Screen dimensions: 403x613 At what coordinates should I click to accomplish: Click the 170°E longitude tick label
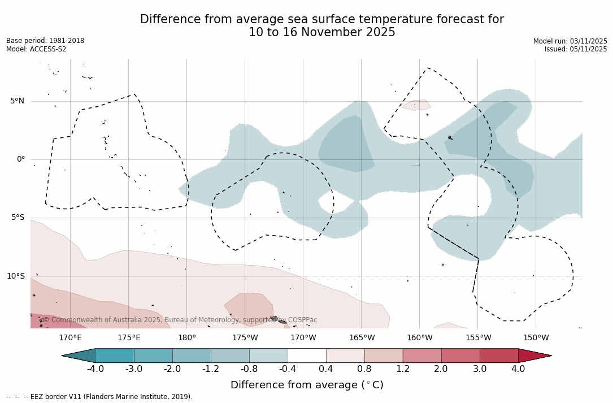[x=70, y=338]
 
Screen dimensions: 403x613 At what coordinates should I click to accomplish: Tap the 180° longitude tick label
[x=187, y=338]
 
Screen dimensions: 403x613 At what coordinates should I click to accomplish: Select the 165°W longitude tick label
[x=362, y=338]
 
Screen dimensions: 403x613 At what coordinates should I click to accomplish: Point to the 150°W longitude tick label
[x=536, y=338]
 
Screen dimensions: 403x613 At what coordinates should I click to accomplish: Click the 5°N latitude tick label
[x=17, y=101]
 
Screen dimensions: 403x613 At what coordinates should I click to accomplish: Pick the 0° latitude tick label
[x=21, y=159]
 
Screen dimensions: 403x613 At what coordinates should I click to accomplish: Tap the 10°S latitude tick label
[x=15, y=276]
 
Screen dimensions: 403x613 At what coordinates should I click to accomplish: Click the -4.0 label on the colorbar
[x=95, y=369]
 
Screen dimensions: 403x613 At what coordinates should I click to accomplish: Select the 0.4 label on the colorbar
[x=326, y=369]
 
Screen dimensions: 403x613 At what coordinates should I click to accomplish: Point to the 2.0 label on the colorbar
[x=441, y=369]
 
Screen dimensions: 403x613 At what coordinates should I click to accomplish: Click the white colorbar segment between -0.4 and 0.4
[x=307, y=356]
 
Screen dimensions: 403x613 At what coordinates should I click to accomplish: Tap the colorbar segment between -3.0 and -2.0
[x=153, y=356]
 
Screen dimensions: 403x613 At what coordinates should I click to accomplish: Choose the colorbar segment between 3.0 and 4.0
[x=499, y=356]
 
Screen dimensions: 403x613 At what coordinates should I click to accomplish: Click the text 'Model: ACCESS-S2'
[x=36, y=49]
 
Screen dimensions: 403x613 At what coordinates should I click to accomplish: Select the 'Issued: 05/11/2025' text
[x=576, y=49]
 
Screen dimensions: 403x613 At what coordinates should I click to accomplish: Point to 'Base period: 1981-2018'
[x=45, y=41]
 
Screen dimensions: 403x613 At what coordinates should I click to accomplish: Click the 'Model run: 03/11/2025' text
[x=570, y=41]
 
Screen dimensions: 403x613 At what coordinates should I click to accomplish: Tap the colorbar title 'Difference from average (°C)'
[x=307, y=385]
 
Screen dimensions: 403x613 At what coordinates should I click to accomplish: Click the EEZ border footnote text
[x=99, y=397]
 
